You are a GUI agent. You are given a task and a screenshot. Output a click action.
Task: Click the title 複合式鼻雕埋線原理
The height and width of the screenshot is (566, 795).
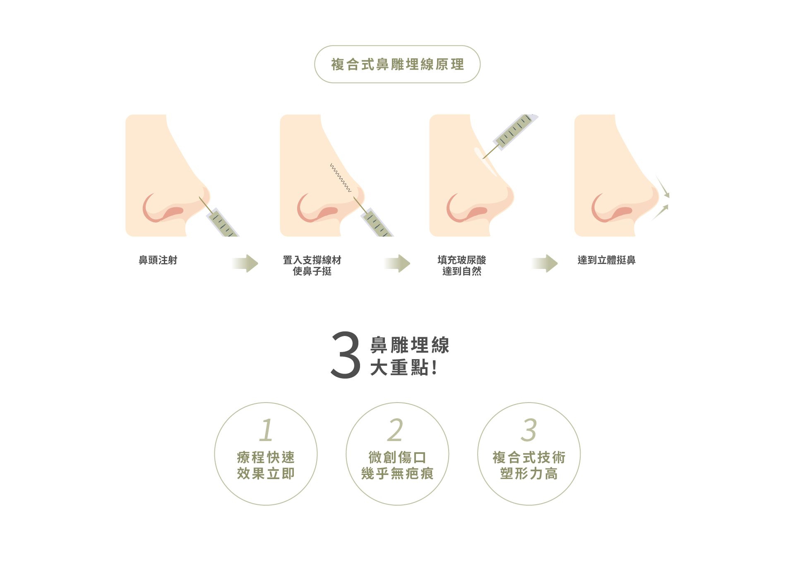[x=397, y=65]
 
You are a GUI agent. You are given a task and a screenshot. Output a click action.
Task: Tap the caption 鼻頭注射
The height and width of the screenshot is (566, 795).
[x=158, y=260]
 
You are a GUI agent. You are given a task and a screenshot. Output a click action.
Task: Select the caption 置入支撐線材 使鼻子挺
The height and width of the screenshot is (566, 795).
[x=312, y=266]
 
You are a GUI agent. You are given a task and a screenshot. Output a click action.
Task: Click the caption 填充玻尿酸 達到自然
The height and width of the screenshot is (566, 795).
[x=461, y=266]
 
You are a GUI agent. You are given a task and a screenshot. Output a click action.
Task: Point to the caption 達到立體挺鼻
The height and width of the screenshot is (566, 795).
[x=606, y=260]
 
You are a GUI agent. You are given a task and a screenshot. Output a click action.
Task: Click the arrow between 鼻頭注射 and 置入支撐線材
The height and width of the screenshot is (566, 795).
[x=246, y=264]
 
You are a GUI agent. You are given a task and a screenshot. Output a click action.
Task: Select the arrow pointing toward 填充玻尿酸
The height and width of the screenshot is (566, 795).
[x=398, y=264]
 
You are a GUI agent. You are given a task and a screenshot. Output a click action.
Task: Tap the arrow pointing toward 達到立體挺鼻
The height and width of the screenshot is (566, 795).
[x=545, y=264]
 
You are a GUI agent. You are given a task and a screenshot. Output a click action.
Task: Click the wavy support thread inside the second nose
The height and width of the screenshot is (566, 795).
[x=340, y=177]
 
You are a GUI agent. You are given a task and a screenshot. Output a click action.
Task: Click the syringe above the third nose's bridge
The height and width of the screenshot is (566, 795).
[x=513, y=131]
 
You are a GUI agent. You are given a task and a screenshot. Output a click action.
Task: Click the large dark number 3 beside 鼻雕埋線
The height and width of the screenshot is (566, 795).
[x=346, y=355]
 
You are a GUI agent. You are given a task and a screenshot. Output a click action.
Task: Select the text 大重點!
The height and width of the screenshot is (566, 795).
[x=403, y=367]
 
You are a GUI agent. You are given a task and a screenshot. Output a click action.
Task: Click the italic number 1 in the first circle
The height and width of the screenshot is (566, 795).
[x=266, y=430]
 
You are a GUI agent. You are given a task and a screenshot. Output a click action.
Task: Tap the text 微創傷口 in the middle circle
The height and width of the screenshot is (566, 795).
[x=397, y=458]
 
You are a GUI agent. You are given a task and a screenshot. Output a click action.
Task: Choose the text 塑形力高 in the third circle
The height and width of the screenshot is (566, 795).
[x=528, y=474]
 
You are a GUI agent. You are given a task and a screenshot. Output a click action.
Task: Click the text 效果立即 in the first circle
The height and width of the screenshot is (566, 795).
[x=266, y=474]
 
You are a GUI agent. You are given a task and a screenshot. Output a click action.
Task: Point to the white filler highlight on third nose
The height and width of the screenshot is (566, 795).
[x=486, y=162]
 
